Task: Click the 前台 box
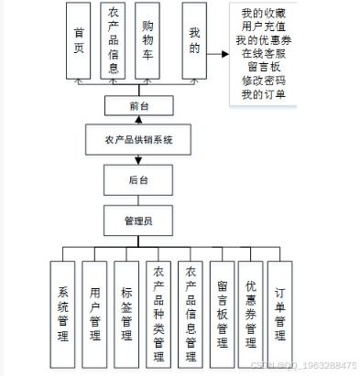click(x=137, y=106)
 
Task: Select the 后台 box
click(x=137, y=180)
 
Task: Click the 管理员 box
click(x=138, y=220)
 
